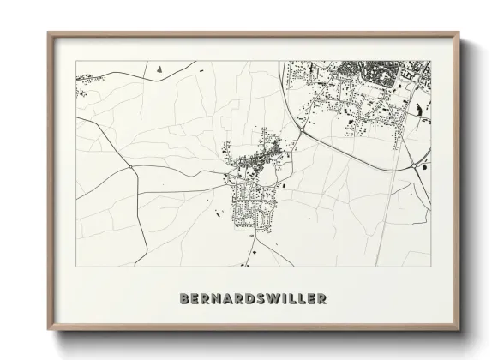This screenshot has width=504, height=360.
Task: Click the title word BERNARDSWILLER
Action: point(253,299)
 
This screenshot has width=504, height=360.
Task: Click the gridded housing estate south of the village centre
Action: point(254,206)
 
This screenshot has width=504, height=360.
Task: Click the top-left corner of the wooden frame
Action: point(49,33)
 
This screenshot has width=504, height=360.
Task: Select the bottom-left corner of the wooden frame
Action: point(49,329)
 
